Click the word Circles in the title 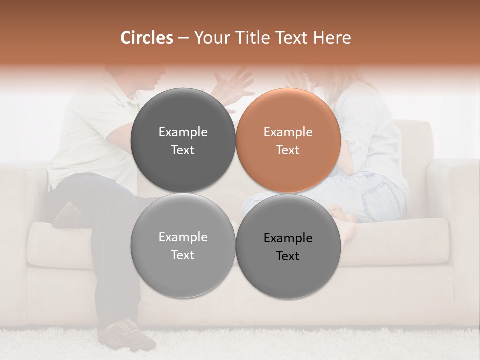pyautogui.click(x=146, y=38)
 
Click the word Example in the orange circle pyautogui.click(x=288, y=132)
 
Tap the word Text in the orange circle pyautogui.click(x=288, y=150)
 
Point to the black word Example pyautogui.click(x=288, y=238)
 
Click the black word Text pyautogui.click(x=288, y=256)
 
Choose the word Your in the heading pyautogui.click(x=210, y=38)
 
